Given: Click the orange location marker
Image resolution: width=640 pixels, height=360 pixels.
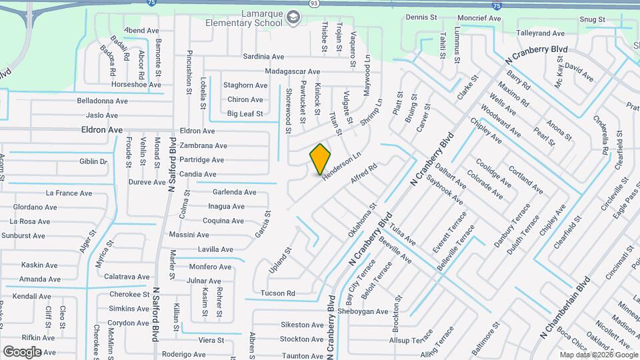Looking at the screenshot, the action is point(321,159).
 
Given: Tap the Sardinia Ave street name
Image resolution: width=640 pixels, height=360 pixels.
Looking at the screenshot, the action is point(263,57).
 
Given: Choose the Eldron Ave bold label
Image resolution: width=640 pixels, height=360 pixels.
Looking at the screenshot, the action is point(102,130).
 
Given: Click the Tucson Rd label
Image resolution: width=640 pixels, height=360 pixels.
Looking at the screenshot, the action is point(278,293).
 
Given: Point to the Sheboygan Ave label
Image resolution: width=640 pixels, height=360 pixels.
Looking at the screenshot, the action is point(362,311).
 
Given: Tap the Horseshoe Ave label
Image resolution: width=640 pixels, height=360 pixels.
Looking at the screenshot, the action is point(136,85).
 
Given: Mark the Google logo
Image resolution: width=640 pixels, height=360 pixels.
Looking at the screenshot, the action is point(22,351).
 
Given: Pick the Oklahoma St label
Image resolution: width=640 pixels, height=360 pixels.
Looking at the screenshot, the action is point(362,221).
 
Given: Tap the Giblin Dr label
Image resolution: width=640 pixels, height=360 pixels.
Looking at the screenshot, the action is point(93,161).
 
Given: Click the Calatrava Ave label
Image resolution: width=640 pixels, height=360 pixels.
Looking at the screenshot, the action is point(127,277).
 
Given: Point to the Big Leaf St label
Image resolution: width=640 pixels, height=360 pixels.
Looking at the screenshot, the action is point(245,114).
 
